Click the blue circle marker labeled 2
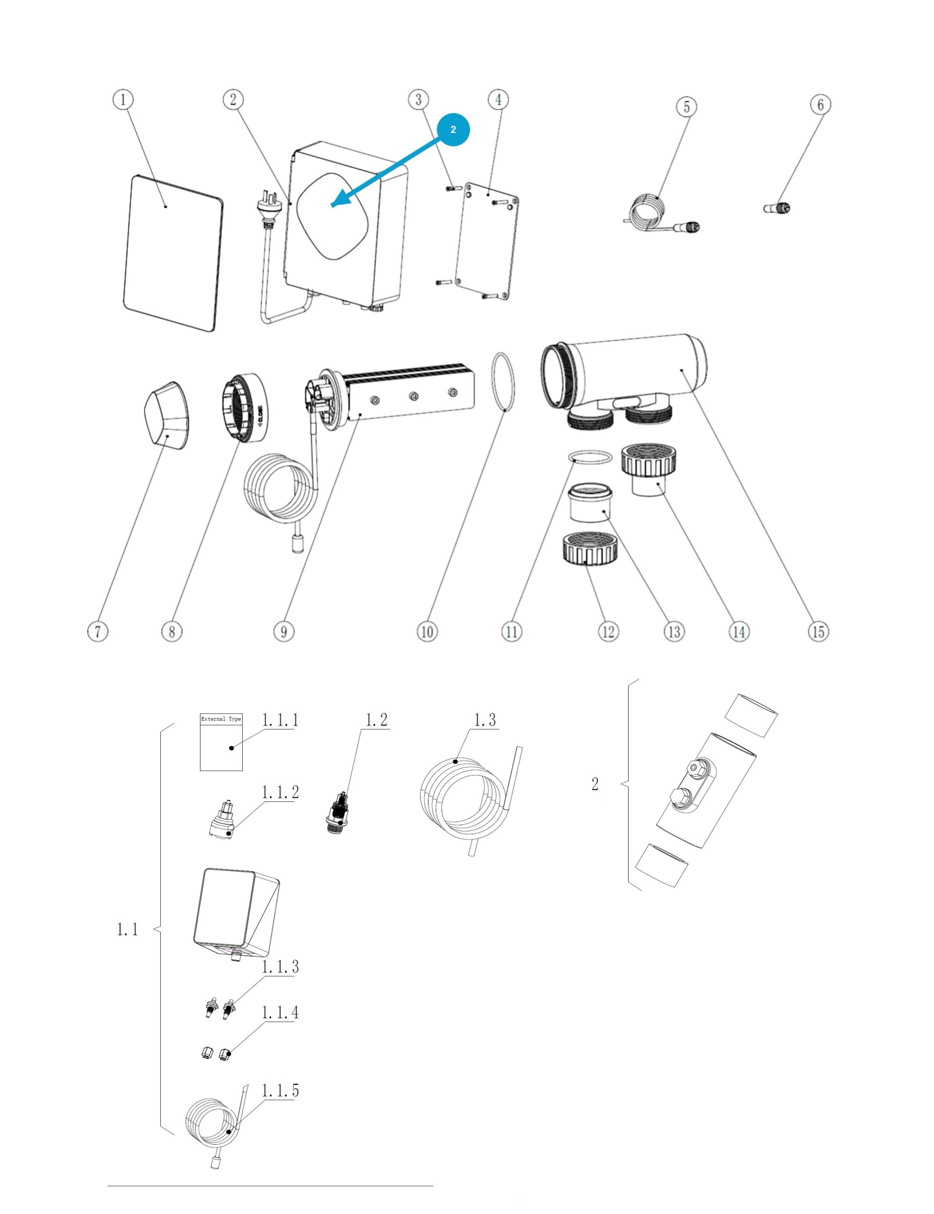(453, 129)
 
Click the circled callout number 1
(123, 100)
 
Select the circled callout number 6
(820, 104)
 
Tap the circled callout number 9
(284, 632)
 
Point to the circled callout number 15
(818, 632)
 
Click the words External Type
(221, 719)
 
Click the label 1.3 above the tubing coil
(485, 720)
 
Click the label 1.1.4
(280, 1013)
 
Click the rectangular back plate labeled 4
(487, 242)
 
